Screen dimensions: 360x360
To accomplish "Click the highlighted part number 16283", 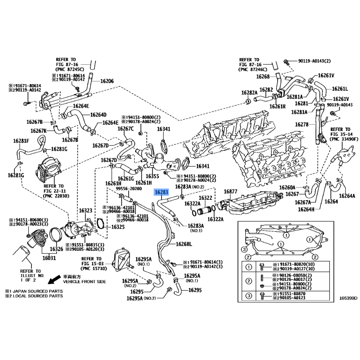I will (x=161, y=193).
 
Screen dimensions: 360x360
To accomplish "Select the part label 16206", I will (x=107, y=81).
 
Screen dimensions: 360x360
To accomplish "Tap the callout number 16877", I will (x=230, y=192).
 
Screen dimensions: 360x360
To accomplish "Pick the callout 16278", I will (x=302, y=124).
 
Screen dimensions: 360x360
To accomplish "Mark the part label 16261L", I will (x=340, y=89).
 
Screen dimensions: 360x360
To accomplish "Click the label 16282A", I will (x=249, y=93).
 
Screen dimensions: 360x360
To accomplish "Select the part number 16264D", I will (x=98, y=114).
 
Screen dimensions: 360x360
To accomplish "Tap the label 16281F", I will (x=21, y=141).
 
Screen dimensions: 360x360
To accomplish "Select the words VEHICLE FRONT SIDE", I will (x=84, y=282).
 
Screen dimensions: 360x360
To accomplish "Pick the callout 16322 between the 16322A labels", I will (x=206, y=198).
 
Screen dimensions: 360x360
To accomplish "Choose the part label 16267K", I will (x=39, y=130).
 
